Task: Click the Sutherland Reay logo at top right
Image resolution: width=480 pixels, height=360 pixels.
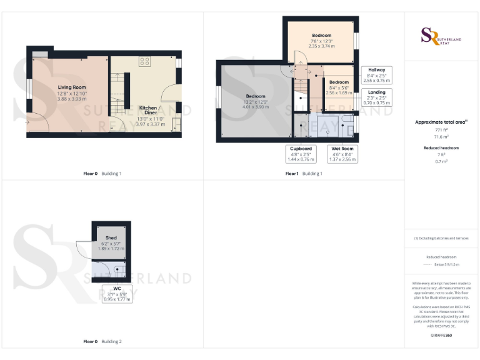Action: pos(441,36)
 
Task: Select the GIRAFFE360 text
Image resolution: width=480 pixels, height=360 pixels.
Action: pos(441,336)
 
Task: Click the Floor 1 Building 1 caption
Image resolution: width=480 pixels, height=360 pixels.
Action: pos(304,173)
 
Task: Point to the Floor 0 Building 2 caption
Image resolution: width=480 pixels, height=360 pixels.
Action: pos(102,342)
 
